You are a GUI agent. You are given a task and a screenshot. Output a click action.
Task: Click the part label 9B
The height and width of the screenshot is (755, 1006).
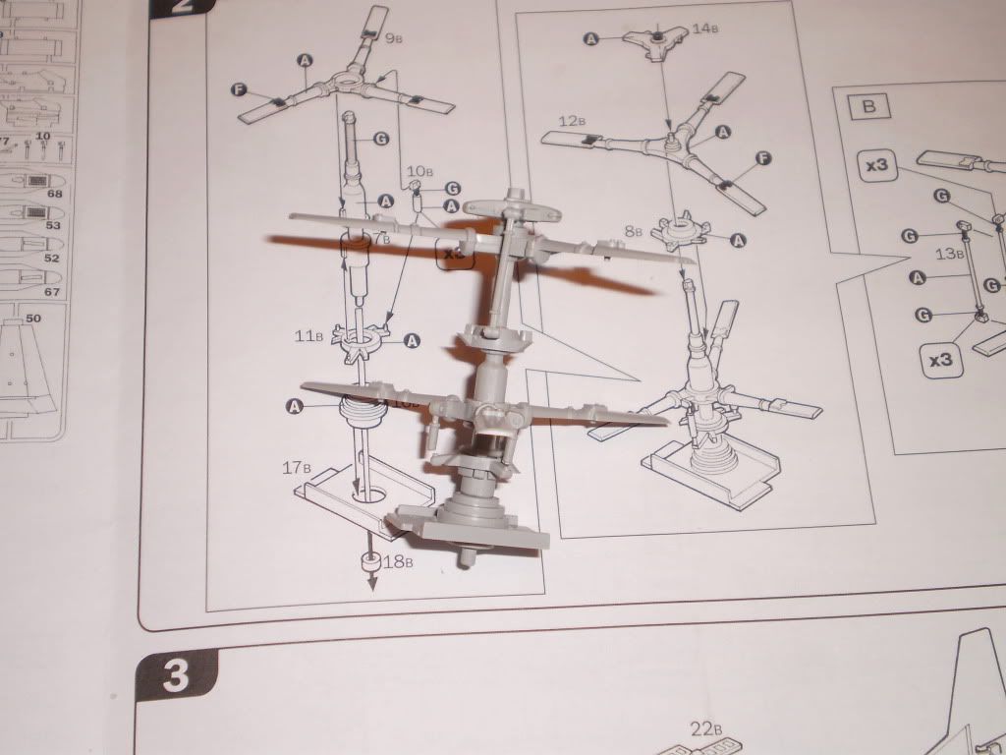(397, 39)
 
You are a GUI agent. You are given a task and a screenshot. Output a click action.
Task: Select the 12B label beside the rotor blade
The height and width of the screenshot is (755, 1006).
(572, 121)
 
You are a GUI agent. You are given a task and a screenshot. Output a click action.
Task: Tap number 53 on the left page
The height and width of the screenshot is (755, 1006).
(52, 226)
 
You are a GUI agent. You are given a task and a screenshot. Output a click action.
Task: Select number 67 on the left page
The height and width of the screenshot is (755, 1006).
(52, 292)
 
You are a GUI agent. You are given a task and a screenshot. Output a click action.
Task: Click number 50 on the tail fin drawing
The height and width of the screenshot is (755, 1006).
(32, 319)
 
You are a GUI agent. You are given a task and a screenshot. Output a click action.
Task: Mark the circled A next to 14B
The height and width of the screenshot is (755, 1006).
(591, 38)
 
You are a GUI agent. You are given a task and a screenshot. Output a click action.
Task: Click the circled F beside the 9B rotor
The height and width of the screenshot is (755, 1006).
(238, 90)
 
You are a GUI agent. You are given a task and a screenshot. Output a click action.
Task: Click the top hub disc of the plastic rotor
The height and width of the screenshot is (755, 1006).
(512, 209)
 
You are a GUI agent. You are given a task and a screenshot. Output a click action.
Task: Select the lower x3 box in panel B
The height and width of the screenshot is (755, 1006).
(941, 360)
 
